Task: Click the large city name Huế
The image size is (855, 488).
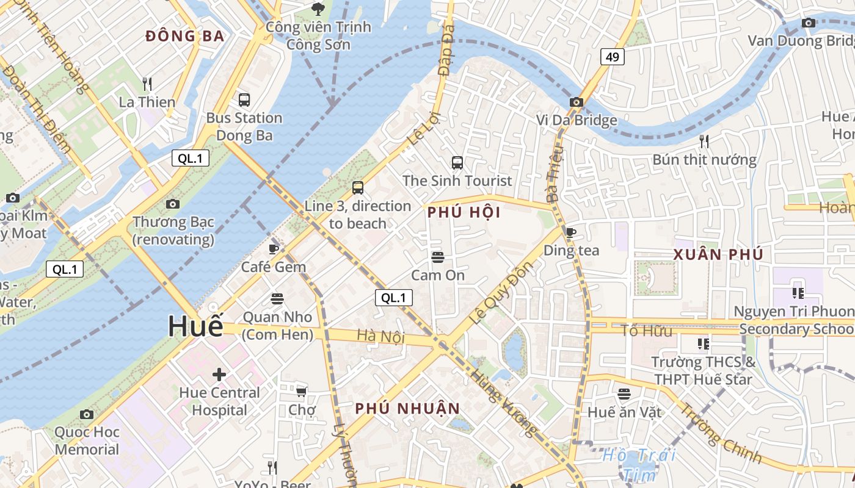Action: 195,327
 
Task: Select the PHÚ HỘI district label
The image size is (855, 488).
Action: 464,212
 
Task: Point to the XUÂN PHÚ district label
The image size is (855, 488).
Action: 718,255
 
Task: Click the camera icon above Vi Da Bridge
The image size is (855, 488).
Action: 576,102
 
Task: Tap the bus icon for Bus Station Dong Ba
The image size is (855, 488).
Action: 244,99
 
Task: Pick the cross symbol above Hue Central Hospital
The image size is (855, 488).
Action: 219,374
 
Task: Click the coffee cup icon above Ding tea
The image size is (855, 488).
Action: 571,232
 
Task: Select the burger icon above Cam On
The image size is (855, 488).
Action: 437,257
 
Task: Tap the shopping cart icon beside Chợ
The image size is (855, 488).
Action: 301,391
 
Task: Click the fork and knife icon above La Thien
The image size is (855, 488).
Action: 147,84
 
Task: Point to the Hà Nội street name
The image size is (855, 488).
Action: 381,336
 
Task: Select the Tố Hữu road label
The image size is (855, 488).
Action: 646,331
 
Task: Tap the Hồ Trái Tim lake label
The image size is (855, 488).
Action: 639,464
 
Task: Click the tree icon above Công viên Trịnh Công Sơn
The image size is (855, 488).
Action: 318,9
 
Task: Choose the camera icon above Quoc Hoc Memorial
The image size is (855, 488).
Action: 87,414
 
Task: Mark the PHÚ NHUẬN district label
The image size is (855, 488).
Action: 407,409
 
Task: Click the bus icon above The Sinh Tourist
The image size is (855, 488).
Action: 457,162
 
